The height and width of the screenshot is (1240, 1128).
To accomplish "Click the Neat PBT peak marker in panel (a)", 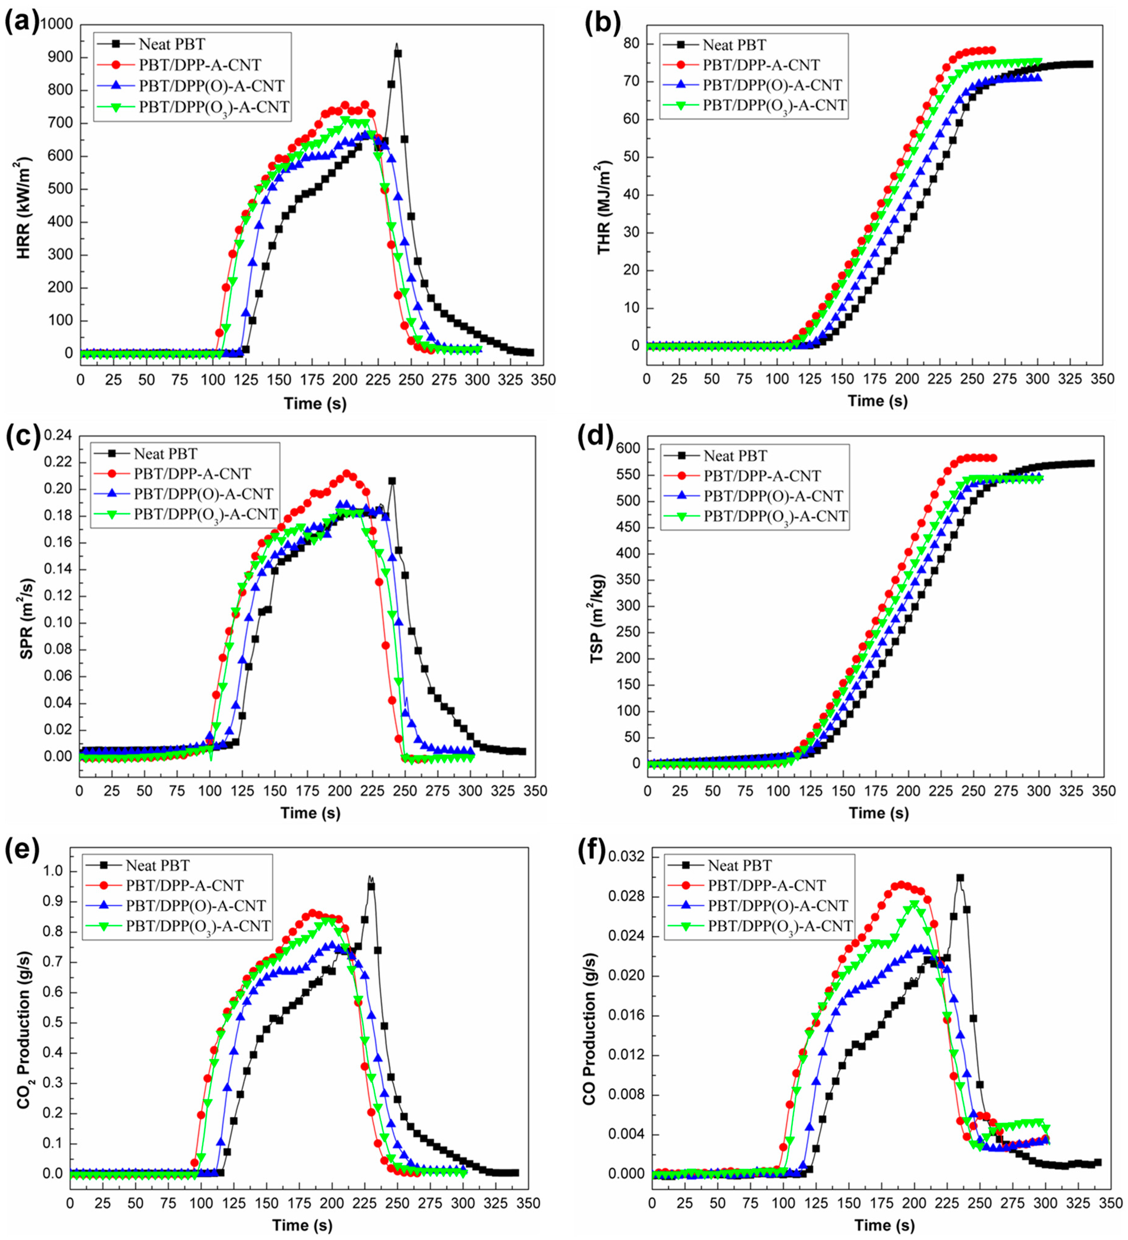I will (x=398, y=54).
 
